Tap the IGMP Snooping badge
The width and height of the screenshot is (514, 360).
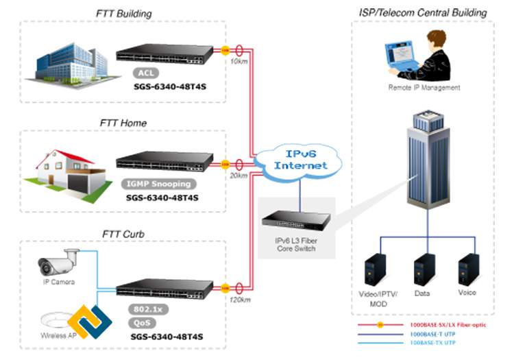pos(157,184)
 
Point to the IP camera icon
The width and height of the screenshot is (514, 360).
pos(59,261)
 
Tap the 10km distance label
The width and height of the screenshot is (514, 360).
pos(239,62)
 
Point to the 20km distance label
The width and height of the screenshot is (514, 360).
pos(239,176)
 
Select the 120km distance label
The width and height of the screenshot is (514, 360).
pos(240,301)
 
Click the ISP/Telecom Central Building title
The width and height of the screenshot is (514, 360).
pos(423,12)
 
